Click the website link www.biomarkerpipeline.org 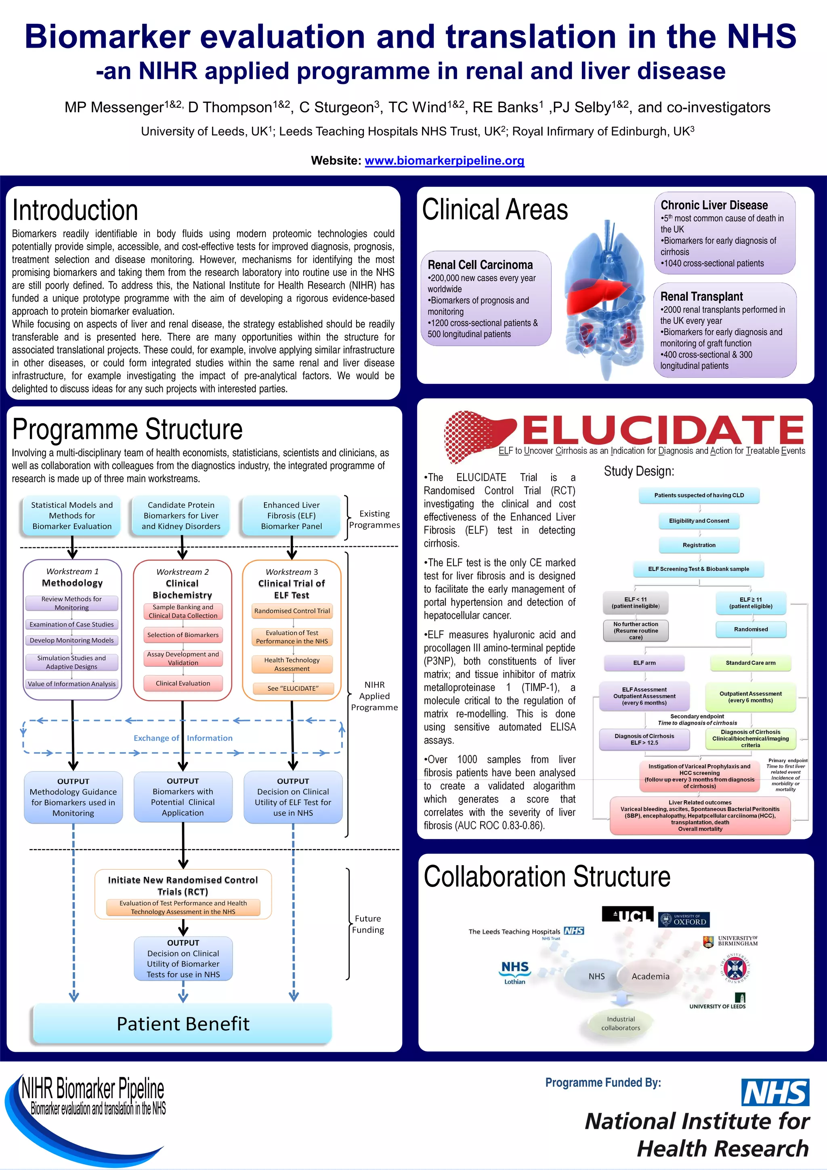click(x=444, y=161)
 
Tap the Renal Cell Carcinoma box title click(x=480, y=265)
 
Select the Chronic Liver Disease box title click(x=714, y=205)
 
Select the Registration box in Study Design click(x=699, y=545)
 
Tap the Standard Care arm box click(x=750, y=663)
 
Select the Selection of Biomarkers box click(x=183, y=635)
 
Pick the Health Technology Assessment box click(x=292, y=664)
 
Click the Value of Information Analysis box click(x=72, y=684)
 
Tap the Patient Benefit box click(x=183, y=1023)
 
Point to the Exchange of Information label click(x=183, y=738)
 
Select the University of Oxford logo click(x=683, y=920)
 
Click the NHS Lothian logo click(x=514, y=972)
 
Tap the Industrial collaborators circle click(x=620, y=1023)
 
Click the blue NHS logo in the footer click(x=775, y=1092)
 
